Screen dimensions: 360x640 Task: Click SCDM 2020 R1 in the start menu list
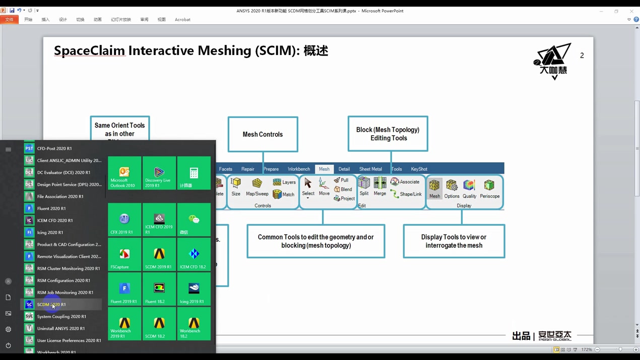51,305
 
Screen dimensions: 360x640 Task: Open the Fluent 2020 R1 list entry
51,208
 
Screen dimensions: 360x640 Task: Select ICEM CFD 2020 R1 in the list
54,220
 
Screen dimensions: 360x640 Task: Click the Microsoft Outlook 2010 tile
124,173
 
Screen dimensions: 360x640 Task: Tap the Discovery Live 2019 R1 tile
159,173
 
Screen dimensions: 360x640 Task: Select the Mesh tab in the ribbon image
324,169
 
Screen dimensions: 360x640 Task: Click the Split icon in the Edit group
364,187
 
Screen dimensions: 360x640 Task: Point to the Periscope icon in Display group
489,189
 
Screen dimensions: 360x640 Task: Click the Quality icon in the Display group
469,189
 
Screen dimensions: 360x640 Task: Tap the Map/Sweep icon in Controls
257,187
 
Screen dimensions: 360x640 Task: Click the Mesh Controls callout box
263,134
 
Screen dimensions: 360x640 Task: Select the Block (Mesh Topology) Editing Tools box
388,134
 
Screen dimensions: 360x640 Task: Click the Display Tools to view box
454,241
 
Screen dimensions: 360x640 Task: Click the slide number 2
582,55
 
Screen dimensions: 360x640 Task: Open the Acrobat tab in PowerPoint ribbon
182,20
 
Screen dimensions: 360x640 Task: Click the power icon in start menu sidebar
8,345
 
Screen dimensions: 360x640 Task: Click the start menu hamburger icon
8,149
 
